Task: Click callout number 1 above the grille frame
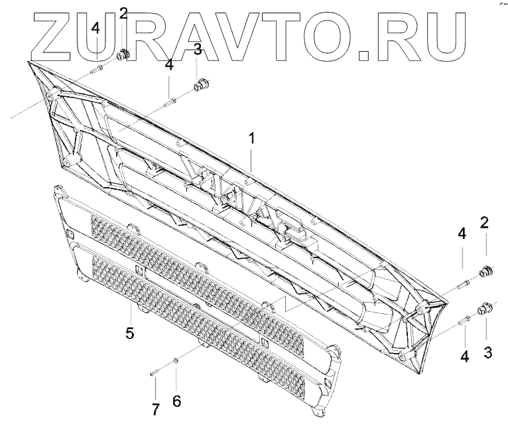pos(251,139)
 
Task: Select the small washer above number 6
pos(176,360)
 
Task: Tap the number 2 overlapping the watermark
pos(124,13)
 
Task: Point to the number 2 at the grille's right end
pos(485,222)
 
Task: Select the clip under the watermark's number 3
pos(200,84)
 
